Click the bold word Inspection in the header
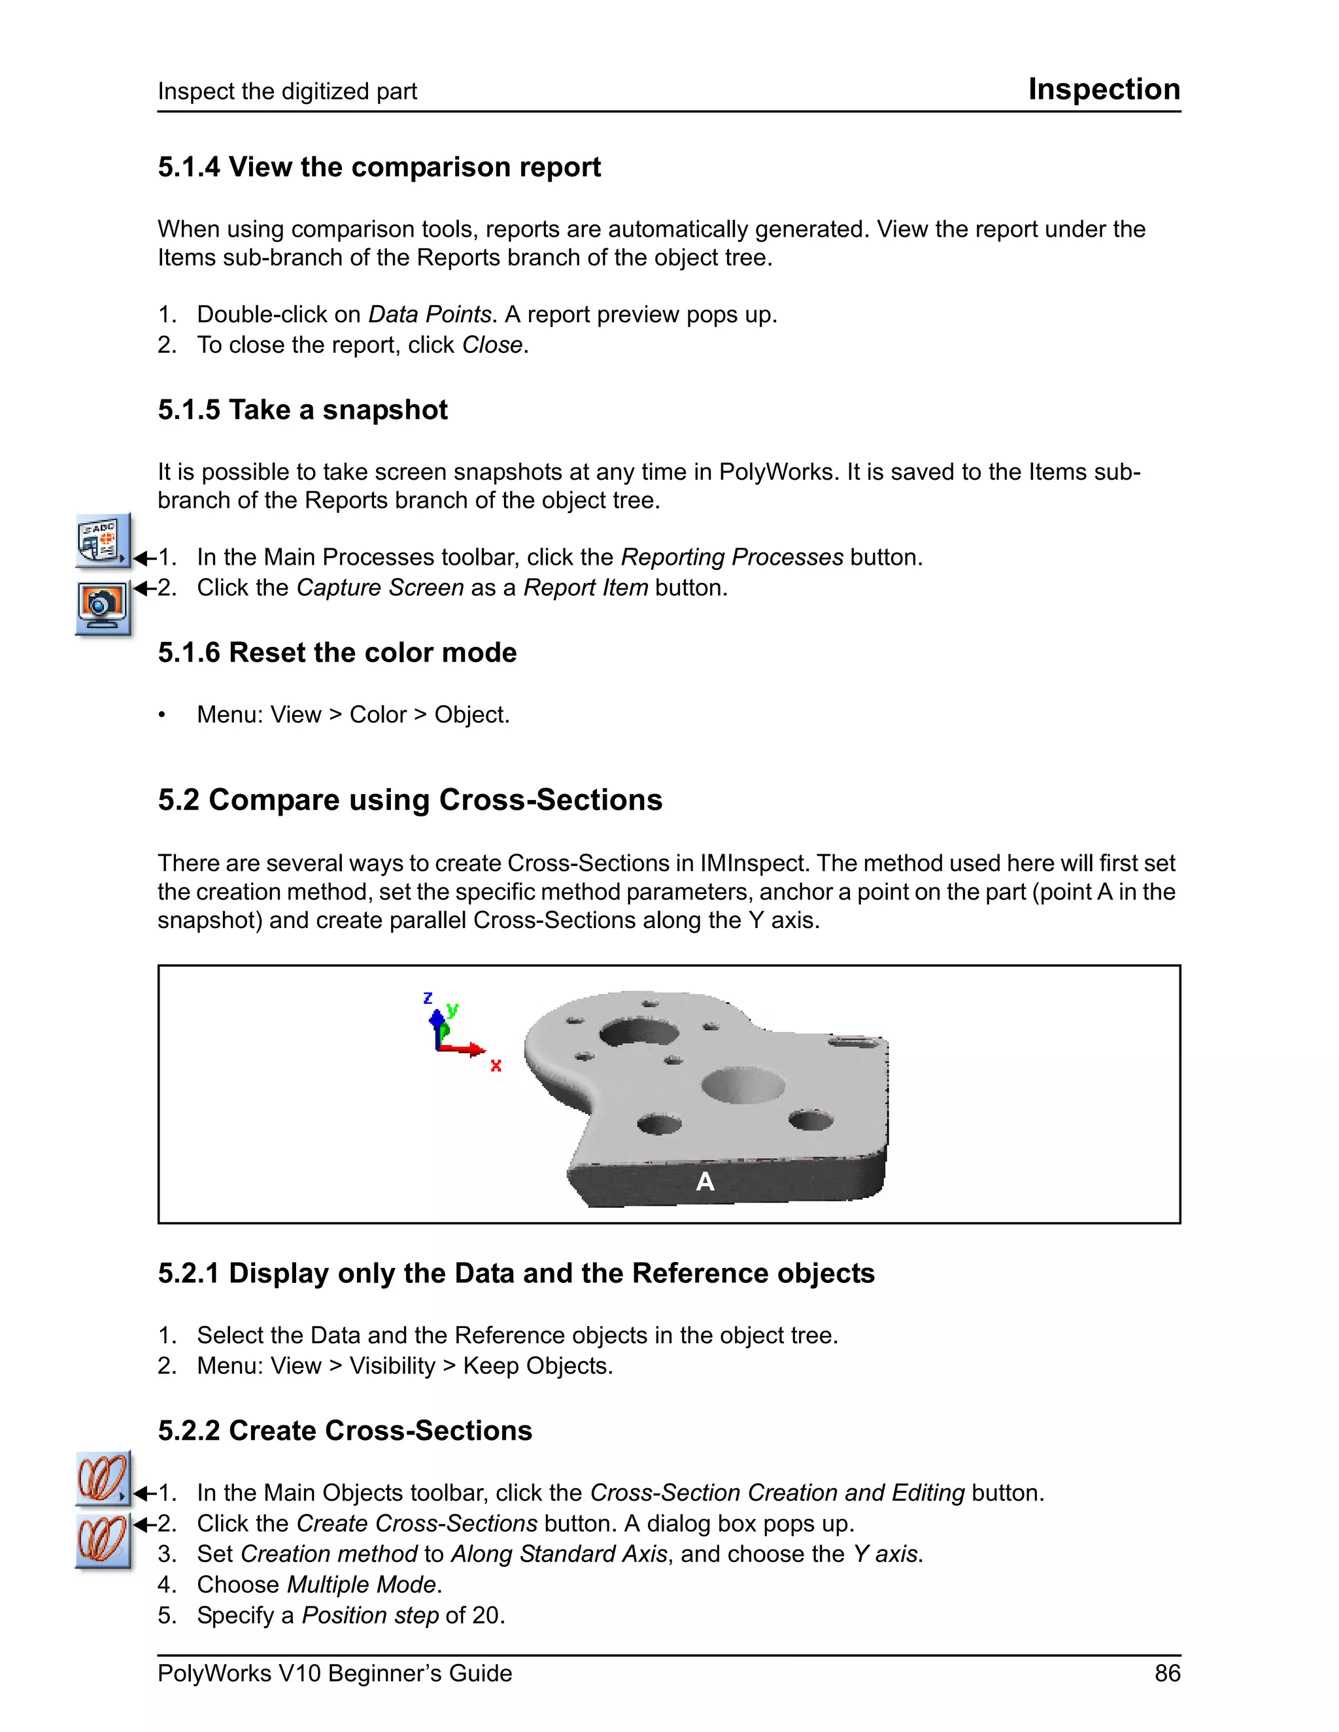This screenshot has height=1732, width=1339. click(1104, 89)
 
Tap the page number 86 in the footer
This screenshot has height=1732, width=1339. click(1167, 1673)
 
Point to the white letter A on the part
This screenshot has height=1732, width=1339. click(704, 1182)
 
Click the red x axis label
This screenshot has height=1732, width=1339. click(496, 1065)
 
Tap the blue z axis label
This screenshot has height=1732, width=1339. click(428, 997)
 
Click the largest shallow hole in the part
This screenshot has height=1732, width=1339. click(743, 1085)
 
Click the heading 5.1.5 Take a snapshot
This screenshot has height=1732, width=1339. click(302, 409)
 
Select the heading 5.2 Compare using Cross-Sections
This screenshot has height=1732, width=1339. click(409, 799)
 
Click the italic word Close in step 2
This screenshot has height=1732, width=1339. click(492, 345)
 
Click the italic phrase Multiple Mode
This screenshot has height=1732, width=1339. click(361, 1584)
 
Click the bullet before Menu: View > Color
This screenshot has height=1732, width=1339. click(162, 715)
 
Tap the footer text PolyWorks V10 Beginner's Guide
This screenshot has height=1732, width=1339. click(334, 1673)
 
